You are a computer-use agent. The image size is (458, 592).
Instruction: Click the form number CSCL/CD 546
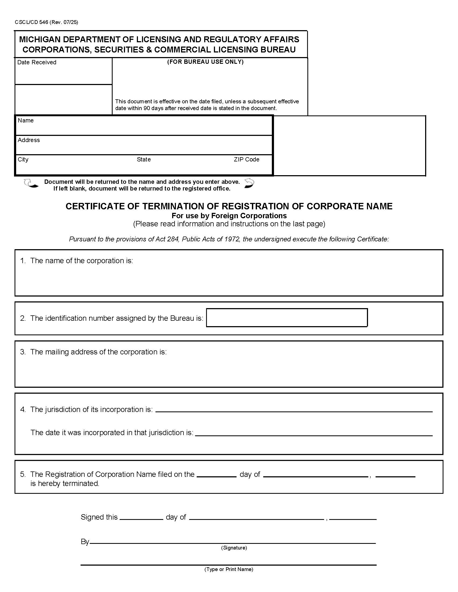point(32,22)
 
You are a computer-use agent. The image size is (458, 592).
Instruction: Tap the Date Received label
point(37,62)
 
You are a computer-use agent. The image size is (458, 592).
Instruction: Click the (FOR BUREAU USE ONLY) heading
point(205,62)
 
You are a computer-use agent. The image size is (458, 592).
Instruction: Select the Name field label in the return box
point(26,120)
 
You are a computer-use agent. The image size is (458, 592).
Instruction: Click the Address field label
point(29,140)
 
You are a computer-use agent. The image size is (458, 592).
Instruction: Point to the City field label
point(23,159)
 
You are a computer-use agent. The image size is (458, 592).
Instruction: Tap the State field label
point(144,159)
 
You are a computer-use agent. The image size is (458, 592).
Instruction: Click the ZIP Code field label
point(246,159)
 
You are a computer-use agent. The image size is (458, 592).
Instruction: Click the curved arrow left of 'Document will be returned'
point(31,184)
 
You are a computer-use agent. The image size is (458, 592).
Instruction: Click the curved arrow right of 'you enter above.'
point(249,183)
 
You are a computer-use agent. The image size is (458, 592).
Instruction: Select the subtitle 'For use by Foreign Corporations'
point(229,216)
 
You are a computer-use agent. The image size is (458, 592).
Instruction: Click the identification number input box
point(287,318)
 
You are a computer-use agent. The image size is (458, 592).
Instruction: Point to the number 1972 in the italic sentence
point(232,239)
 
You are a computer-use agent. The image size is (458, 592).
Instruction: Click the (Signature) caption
point(234,548)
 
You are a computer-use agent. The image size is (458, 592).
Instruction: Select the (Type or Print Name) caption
point(229,569)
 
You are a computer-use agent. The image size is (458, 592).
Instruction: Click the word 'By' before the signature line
point(85,542)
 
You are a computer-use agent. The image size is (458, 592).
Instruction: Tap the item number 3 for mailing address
point(23,352)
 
